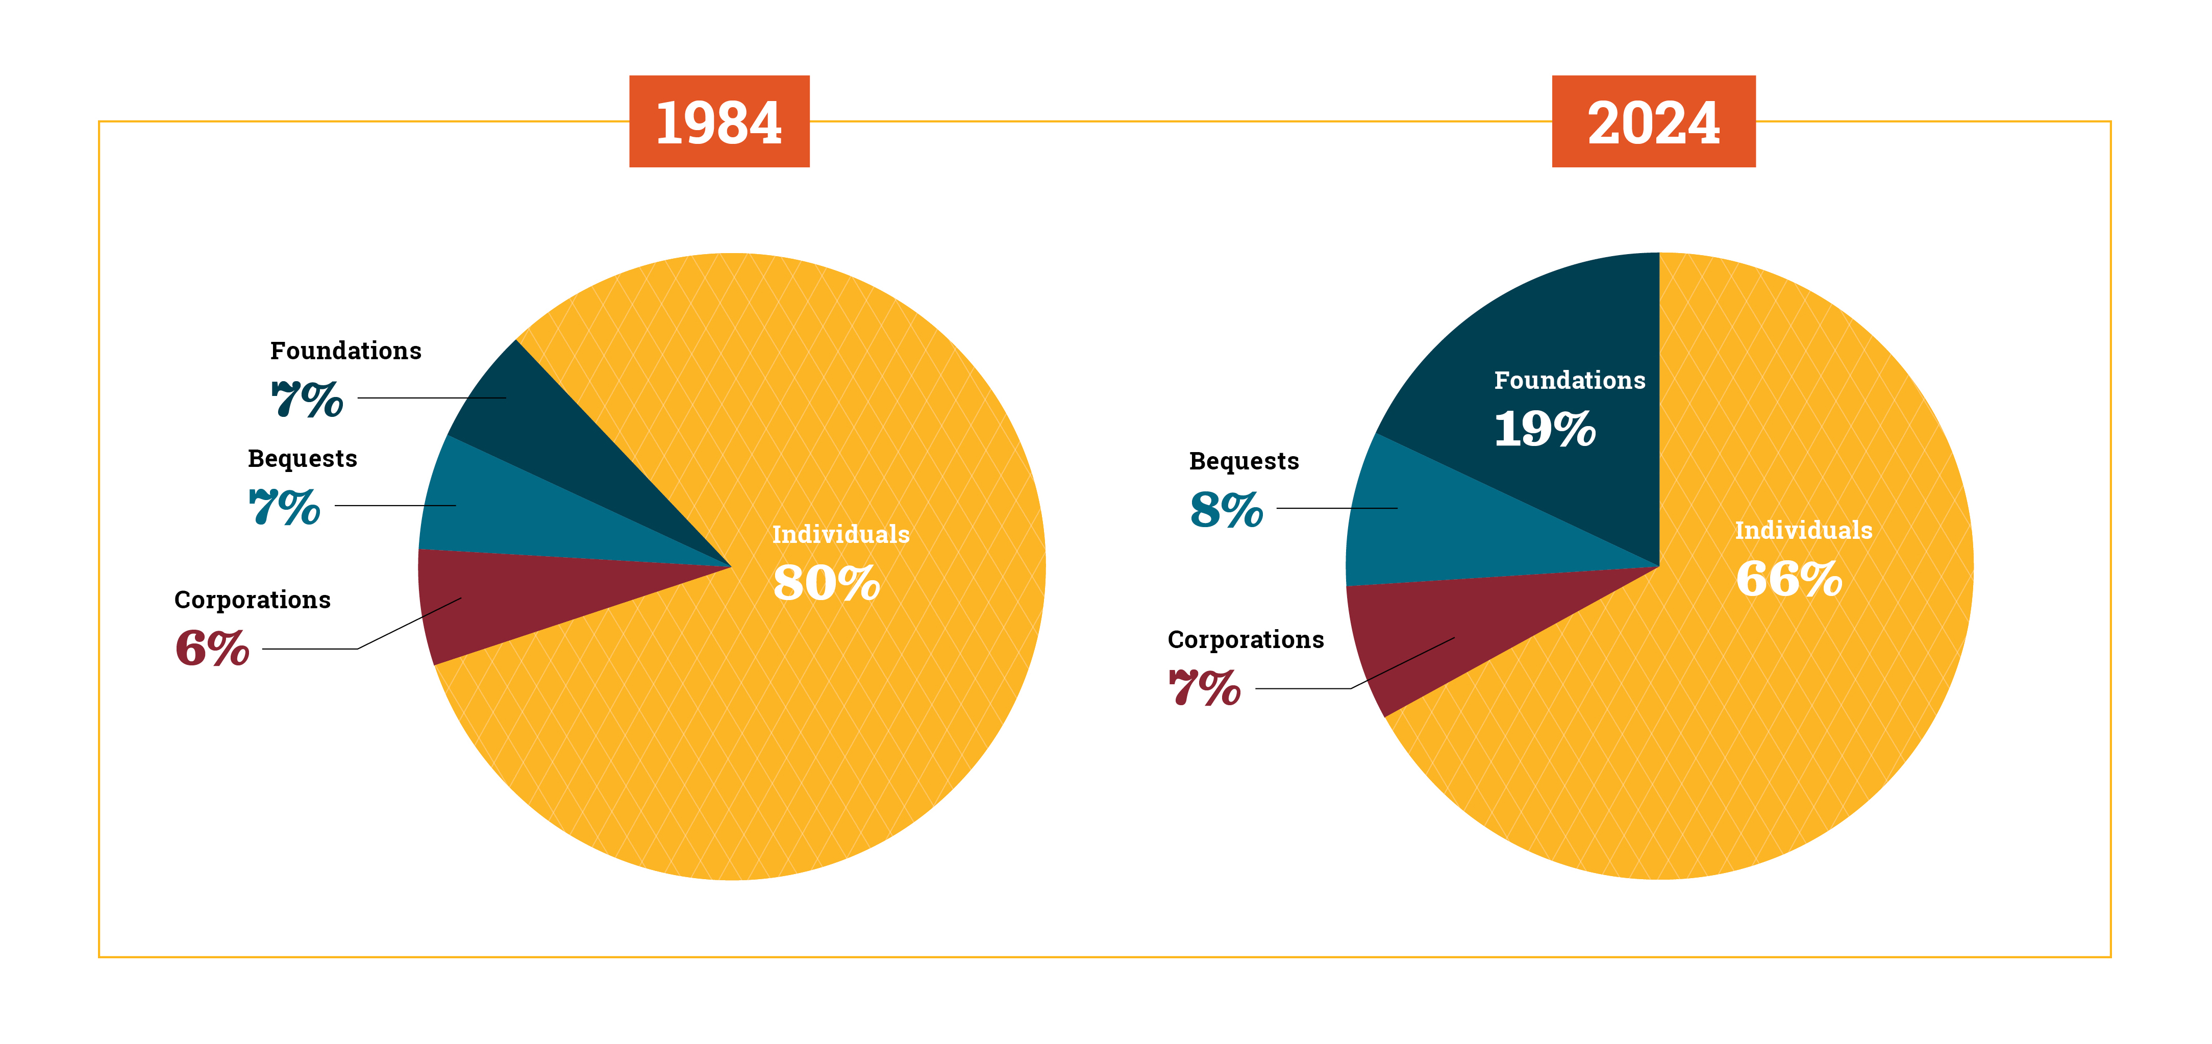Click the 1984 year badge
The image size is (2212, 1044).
pos(719,121)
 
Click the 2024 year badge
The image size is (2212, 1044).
pos(1653,121)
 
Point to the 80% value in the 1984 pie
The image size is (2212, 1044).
pos(826,583)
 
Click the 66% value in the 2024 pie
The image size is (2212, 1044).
pos(1788,579)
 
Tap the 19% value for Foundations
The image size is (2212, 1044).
pos(1545,429)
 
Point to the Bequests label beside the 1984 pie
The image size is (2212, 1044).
pos(302,458)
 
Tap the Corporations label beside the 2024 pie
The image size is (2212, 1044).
pos(1245,640)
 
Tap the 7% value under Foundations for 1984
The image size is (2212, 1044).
pos(307,399)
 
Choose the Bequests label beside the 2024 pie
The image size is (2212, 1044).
pos(1244,461)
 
